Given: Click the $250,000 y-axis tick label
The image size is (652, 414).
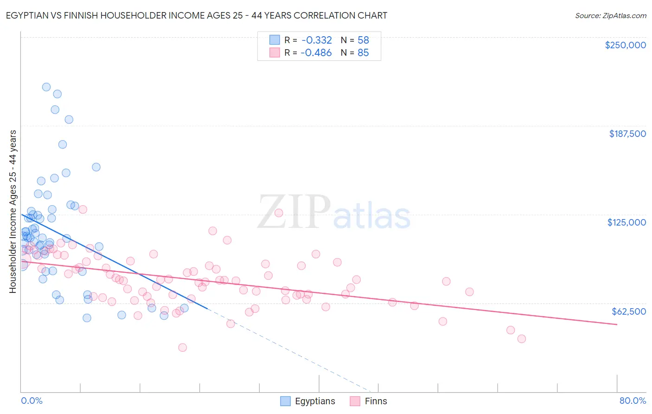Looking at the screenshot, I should pyautogui.click(x=625, y=45).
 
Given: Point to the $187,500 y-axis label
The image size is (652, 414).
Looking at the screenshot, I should pyautogui.click(x=627, y=134).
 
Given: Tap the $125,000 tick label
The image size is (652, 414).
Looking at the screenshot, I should pyautogui.click(x=626, y=222).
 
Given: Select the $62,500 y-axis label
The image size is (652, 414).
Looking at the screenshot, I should pyautogui.click(x=628, y=311).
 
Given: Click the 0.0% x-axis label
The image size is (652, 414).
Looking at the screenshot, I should pyautogui.click(x=32, y=401).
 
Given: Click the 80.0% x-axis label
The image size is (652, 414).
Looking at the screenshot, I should pyautogui.click(x=633, y=401).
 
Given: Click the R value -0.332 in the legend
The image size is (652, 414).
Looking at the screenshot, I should pyautogui.click(x=316, y=40).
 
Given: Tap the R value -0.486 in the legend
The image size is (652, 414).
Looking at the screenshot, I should pyautogui.click(x=316, y=53).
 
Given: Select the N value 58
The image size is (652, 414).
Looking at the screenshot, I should pyautogui.click(x=363, y=40).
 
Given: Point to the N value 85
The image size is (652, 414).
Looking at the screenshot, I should pyautogui.click(x=363, y=53).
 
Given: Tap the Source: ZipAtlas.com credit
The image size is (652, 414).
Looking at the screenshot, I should pyautogui.click(x=610, y=15).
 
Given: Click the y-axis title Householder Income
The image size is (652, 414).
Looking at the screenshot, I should pyautogui.click(x=13, y=212).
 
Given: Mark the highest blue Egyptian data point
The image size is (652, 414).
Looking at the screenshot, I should pyautogui.click(x=46, y=87).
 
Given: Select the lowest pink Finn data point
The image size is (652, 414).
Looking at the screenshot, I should pyautogui.click(x=183, y=348).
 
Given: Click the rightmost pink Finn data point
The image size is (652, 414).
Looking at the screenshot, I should pyautogui.click(x=522, y=339).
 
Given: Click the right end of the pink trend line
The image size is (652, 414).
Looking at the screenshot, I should pyautogui.click(x=617, y=324).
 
